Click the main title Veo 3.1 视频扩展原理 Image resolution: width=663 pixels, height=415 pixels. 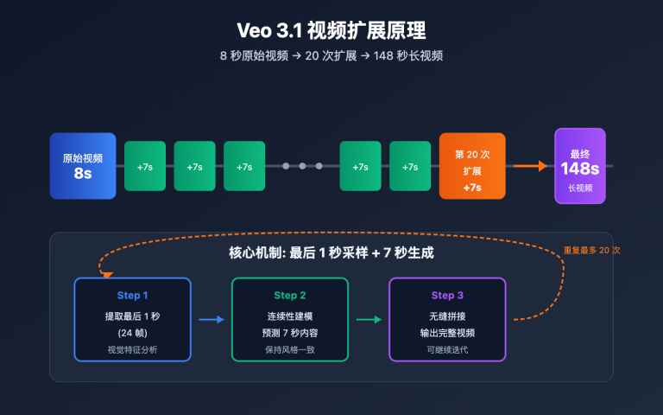point(331,30)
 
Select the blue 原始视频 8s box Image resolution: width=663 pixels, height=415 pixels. point(83,165)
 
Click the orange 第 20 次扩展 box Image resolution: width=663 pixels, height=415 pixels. point(472,166)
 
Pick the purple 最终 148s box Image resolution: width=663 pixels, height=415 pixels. point(579,166)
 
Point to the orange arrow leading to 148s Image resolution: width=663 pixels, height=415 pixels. point(530,166)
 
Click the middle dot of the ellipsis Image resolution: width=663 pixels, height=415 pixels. point(302,166)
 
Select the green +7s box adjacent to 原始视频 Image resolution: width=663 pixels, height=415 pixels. point(145,166)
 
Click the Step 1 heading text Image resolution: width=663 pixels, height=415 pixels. point(132,296)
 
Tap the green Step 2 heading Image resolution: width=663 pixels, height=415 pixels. point(290,296)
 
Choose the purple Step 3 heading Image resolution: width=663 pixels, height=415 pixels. point(447,296)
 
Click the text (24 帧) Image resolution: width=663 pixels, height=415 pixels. point(132,333)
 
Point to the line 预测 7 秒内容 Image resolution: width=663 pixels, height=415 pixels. point(290,333)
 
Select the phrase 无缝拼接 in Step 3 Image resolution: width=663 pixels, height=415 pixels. point(447,316)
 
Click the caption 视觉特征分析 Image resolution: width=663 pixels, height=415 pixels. point(132,350)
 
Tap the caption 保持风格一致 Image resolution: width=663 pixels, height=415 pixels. point(290,350)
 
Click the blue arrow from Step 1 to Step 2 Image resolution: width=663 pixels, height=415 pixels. point(212,320)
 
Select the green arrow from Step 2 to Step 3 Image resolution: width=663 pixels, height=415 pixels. point(369,320)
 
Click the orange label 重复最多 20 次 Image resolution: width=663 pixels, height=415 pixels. point(591,251)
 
